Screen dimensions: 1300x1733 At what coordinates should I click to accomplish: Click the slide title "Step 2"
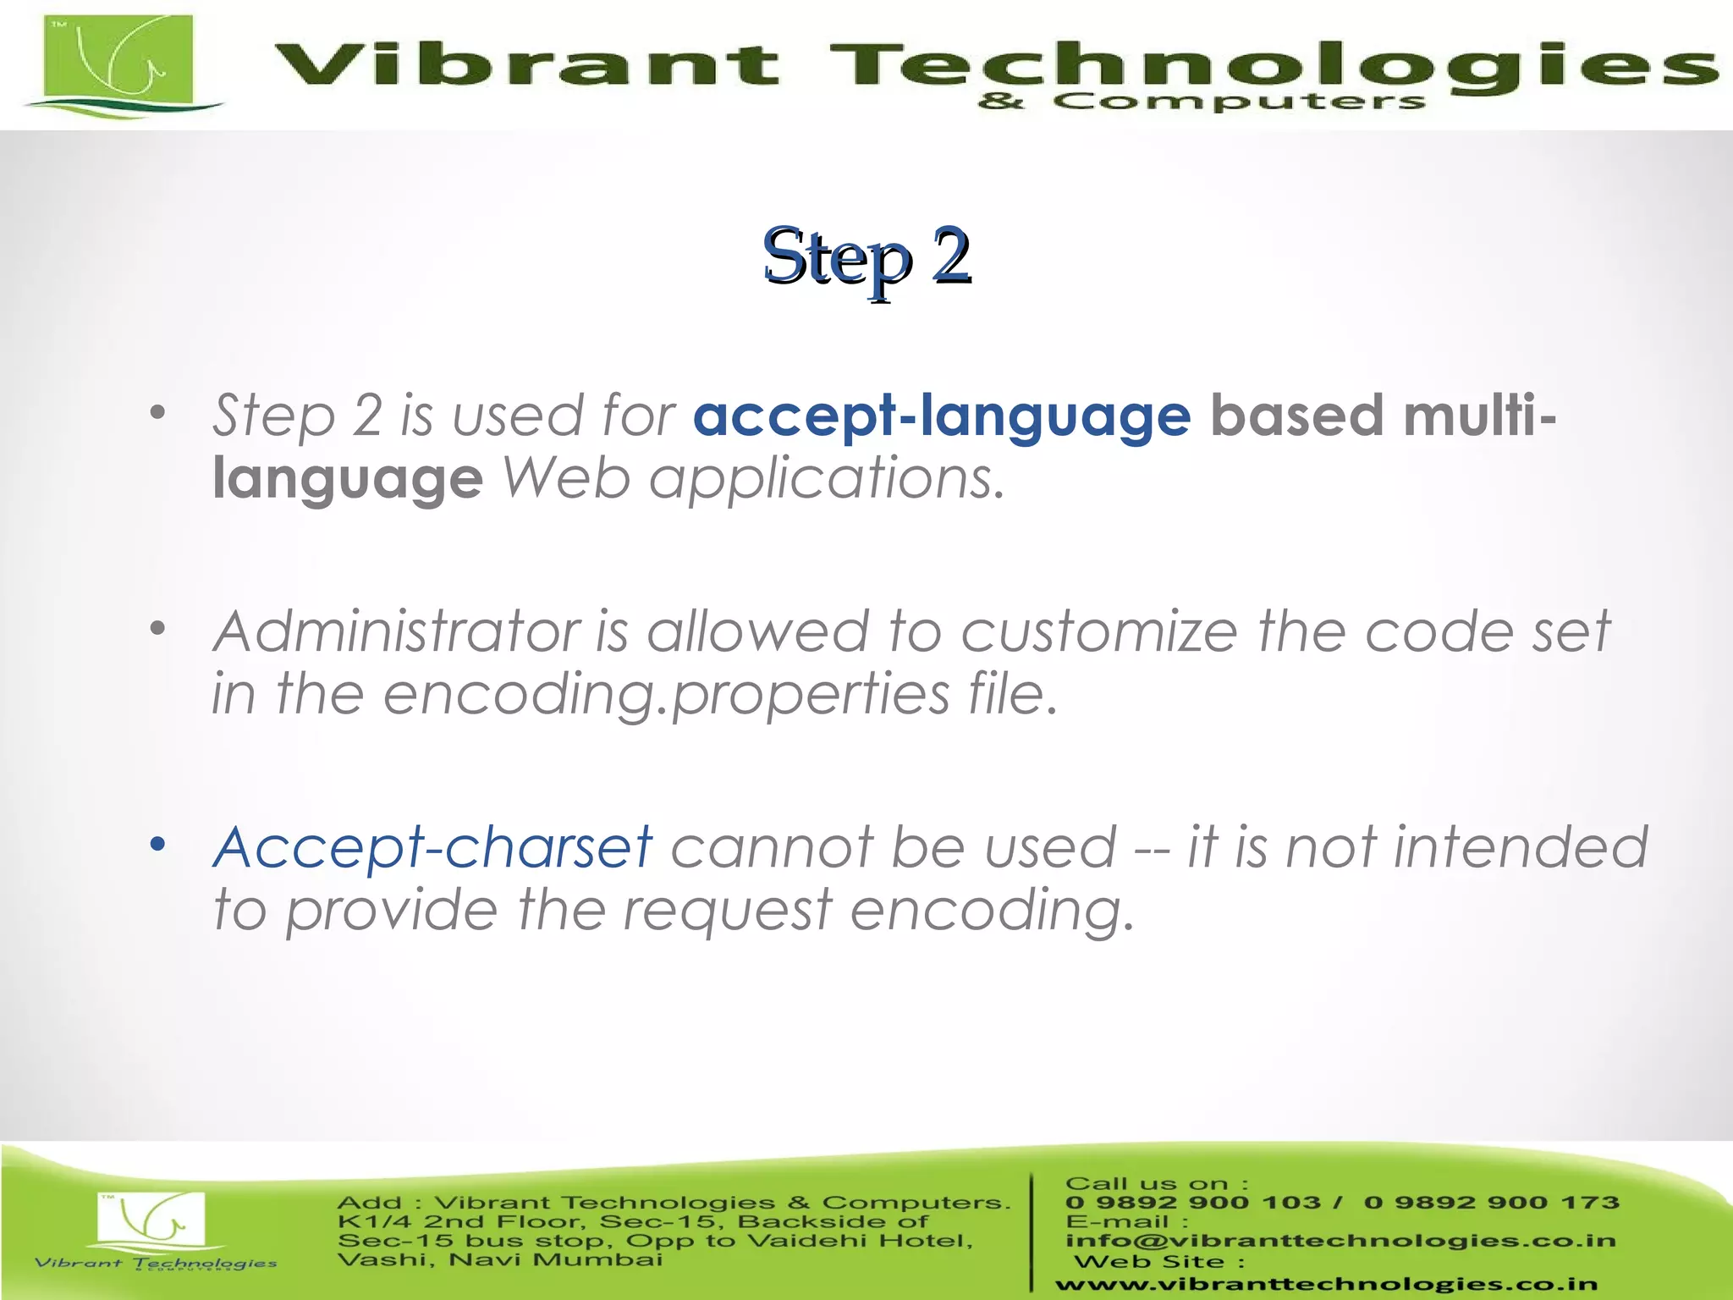pyautogui.click(x=866, y=256)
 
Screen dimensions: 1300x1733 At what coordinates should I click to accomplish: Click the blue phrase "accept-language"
pyautogui.click(x=941, y=416)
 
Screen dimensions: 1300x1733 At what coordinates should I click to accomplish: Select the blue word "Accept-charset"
pyautogui.click(x=432, y=847)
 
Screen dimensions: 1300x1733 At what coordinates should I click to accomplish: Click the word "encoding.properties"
pyautogui.click(x=666, y=695)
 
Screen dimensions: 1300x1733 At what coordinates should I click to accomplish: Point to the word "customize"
pyautogui.click(x=1098, y=632)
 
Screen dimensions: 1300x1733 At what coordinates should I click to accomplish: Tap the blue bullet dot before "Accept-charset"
pyautogui.click(x=157, y=844)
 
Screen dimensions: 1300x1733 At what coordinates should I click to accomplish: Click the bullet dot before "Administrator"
pyautogui.click(x=157, y=628)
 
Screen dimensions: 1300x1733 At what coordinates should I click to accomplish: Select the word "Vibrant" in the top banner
pyautogui.click(x=525, y=66)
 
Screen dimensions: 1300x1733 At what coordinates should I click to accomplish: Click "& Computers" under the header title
pyautogui.click(x=1201, y=102)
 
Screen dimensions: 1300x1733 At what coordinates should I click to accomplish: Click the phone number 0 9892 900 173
pyautogui.click(x=1491, y=1203)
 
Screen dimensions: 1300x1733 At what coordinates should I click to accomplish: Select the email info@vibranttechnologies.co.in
pyautogui.click(x=1340, y=1241)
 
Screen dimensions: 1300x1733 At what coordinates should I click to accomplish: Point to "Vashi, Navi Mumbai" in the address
pyautogui.click(x=500, y=1260)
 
